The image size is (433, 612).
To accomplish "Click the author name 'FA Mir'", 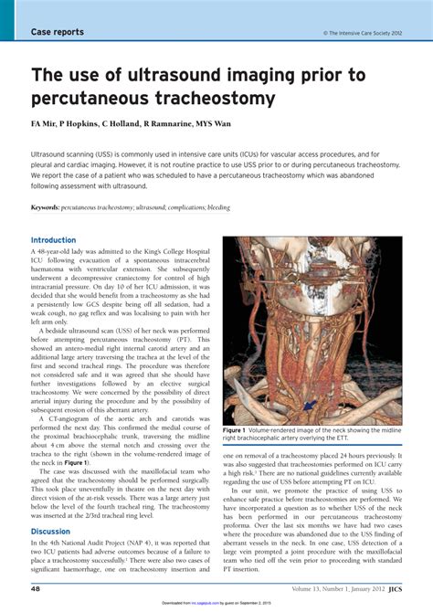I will (47, 122).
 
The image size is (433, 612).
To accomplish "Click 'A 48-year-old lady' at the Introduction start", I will (66, 251).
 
